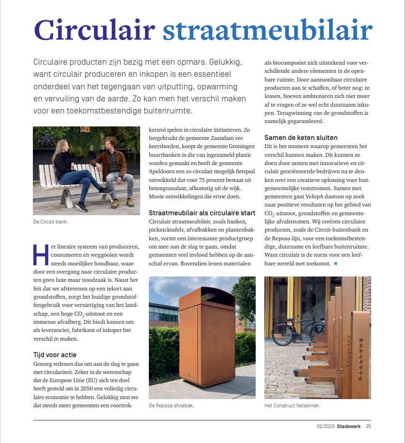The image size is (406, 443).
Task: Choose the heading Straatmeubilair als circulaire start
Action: point(202,213)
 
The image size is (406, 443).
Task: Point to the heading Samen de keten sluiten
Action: point(301,138)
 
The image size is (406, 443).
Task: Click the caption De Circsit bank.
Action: point(50,221)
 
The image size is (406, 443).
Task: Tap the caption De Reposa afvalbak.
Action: point(172,405)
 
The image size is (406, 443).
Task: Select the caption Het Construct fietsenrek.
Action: point(292,405)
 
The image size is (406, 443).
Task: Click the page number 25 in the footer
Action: point(368,426)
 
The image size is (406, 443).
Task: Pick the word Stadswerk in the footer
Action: point(349,426)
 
